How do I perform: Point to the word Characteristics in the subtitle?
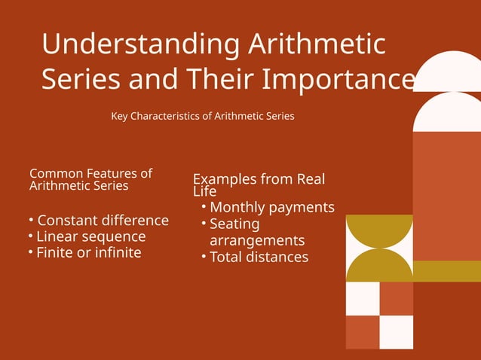pyautogui.click(x=171, y=117)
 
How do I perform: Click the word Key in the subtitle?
pyautogui.click(x=120, y=117)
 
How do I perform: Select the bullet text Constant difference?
pyautogui.click(x=103, y=221)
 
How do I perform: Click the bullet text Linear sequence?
pyautogui.click(x=91, y=236)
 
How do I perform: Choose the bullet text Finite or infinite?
pyautogui.click(x=89, y=252)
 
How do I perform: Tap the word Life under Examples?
pyautogui.click(x=204, y=191)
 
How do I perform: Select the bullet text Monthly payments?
pyautogui.click(x=271, y=207)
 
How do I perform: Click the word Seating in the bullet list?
pyautogui.click(x=234, y=224)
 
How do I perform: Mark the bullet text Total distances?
pyautogui.click(x=259, y=257)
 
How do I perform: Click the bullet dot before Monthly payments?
pyautogui.click(x=204, y=206)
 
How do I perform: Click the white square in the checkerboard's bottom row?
pyautogui.click(x=397, y=332)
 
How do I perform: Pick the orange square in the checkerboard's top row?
pyautogui.click(x=397, y=298)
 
